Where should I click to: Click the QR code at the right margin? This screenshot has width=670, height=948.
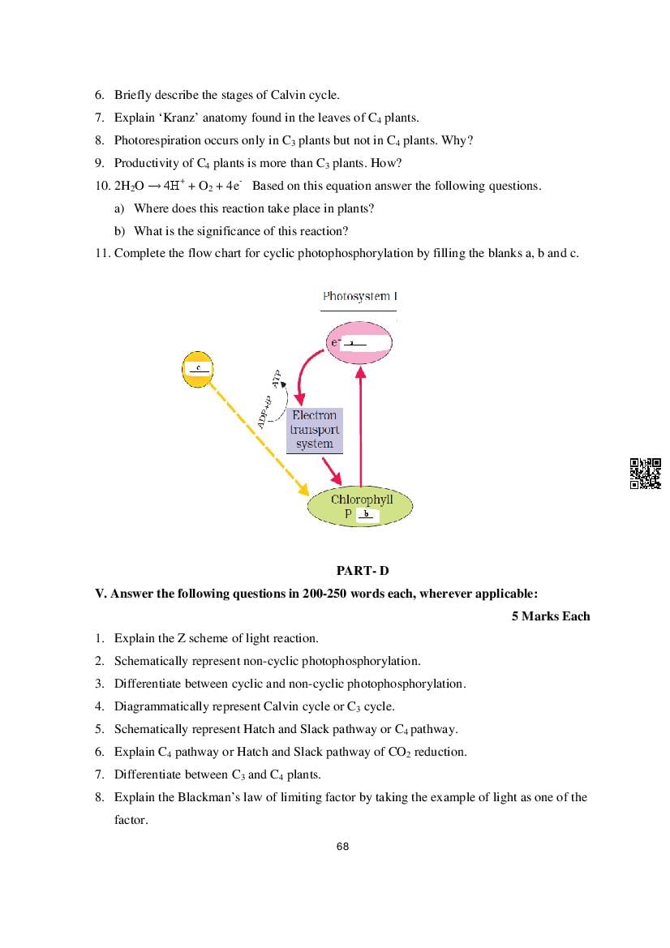click(x=646, y=474)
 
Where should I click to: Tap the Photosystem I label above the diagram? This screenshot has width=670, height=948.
click(x=359, y=297)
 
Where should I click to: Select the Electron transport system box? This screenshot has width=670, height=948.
click(x=315, y=430)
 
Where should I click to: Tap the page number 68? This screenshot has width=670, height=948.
click(x=342, y=847)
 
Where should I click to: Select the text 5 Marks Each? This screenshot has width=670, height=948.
click(x=551, y=616)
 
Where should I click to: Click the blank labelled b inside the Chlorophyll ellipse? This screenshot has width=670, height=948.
click(x=367, y=515)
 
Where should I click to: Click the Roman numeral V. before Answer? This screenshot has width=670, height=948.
click(x=101, y=594)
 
